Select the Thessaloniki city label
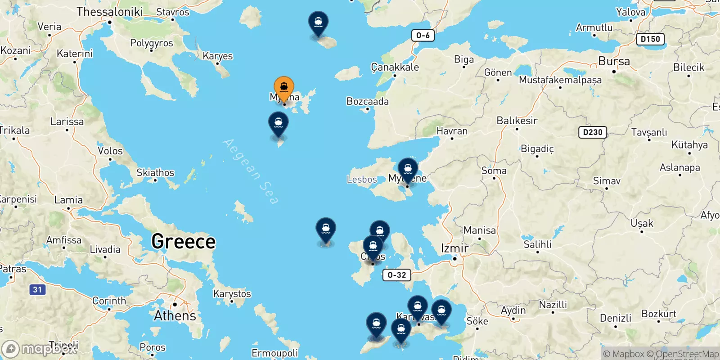109,12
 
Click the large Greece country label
184,242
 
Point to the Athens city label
175,316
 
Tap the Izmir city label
454,248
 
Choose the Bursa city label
614,61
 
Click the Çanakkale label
395,67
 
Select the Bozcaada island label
367,101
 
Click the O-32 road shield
397,275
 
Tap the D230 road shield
592,132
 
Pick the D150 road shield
650,39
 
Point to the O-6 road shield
423,36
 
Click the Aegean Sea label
250,171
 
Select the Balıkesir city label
517,121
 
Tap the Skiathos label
155,173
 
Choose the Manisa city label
480,230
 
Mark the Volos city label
110,151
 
